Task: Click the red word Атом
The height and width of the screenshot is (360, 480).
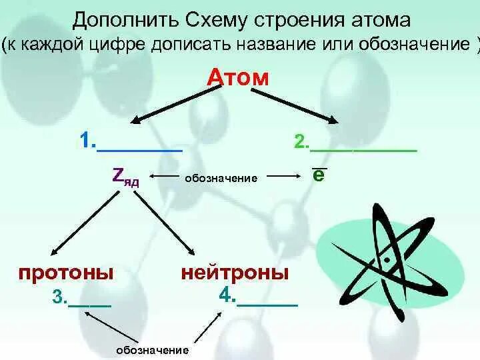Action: click(238, 78)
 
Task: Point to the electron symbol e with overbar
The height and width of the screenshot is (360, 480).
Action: click(319, 175)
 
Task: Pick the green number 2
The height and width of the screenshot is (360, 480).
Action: click(301, 142)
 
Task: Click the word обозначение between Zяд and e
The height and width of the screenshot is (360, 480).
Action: click(221, 178)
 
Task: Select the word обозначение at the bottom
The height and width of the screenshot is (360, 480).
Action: click(153, 350)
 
